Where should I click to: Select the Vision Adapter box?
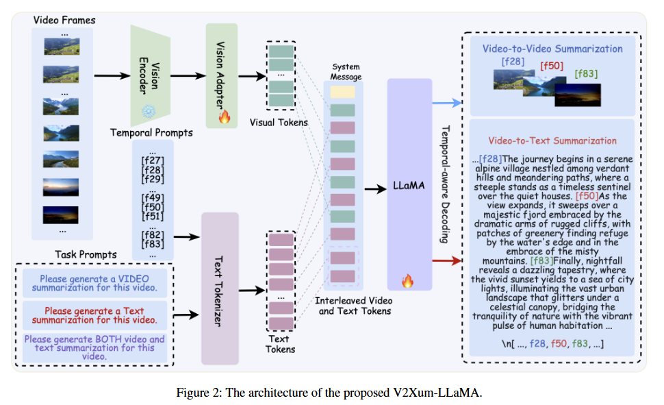[x=221, y=71]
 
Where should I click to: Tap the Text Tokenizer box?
[x=220, y=289]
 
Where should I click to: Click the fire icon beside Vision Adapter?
[x=224, y=117]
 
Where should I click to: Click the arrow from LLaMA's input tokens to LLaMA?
[x=375, y=187]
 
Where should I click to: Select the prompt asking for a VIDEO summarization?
[x=94, y=282]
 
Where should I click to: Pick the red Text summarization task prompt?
[x=94, y=315]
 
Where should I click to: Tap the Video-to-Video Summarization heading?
[x=552, y=49]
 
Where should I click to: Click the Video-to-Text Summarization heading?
[x=552, y=140]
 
